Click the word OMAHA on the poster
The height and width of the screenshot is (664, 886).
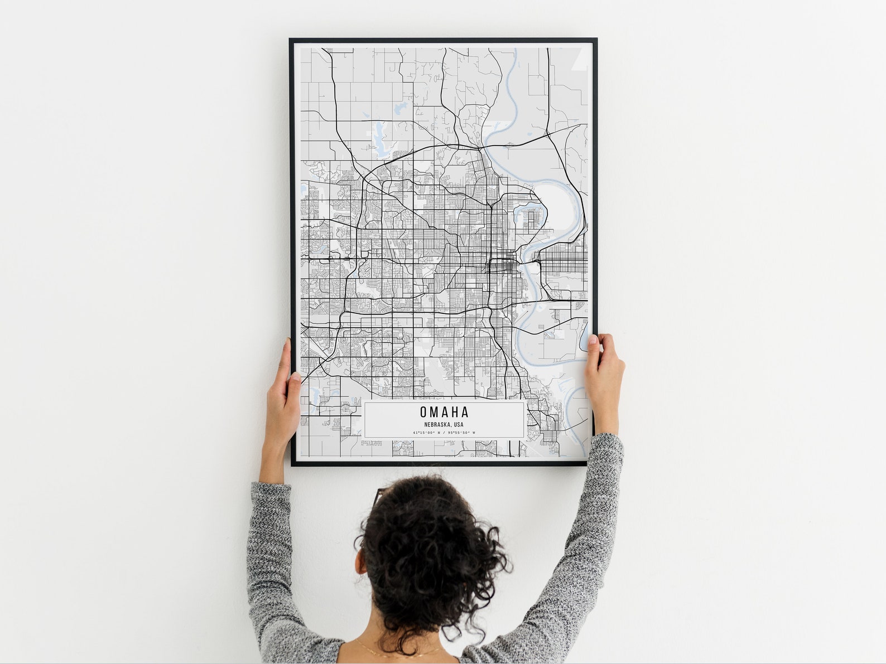click(444, 412)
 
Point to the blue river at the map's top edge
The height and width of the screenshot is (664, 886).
click(513, 61)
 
